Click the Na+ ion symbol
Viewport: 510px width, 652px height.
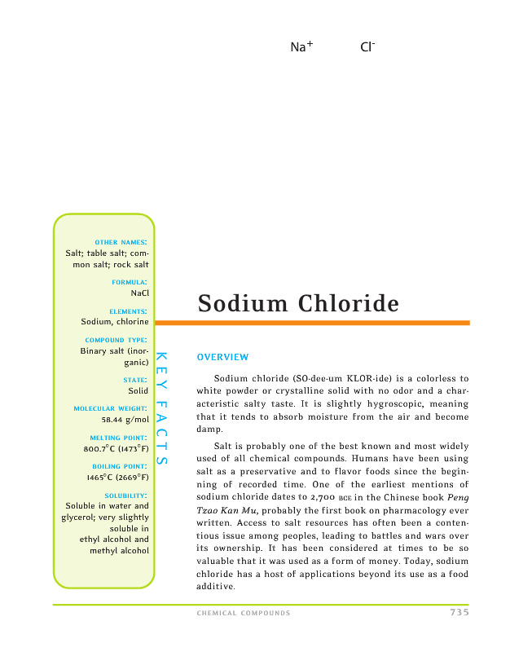(x=301, y=47)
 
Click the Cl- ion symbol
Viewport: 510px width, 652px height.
(x=367, y=47)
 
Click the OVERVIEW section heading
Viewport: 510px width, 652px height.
(x=222, y=357)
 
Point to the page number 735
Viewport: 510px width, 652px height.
(x=459, y=613)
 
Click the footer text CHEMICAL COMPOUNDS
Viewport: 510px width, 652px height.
(x=244, y=614)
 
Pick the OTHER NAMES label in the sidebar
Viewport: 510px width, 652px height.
(x=121, y=242)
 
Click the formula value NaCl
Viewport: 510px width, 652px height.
(x=139, y=293)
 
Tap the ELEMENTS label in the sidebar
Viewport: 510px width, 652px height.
(x=128, y=311)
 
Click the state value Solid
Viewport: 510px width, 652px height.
(x=138, y=391)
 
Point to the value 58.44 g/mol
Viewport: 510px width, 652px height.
(x=125, y=420)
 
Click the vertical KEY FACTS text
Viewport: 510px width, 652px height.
(x=161, y=408)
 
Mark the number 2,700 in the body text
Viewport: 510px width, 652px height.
(x=353, y=497)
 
